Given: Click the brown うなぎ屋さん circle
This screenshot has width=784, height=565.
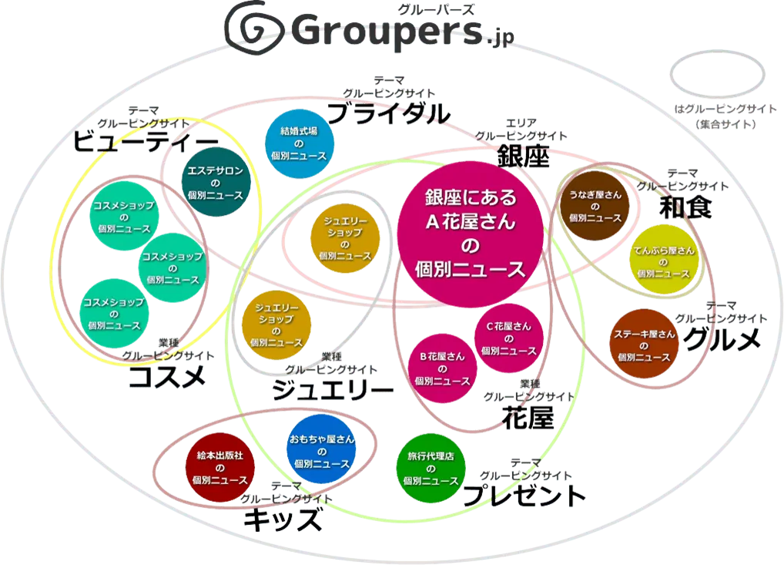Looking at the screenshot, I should [x=595, y=206].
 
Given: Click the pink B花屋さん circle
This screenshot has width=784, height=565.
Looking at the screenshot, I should [x=441, y=368].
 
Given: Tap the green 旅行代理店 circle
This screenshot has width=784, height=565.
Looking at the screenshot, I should [x=431, y=467].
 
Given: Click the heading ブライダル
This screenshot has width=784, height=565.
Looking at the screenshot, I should [x=389, y=114].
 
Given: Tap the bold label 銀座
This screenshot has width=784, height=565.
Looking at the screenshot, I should [x=523, y=156].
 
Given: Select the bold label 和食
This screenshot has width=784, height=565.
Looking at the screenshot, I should [x=685, y=207].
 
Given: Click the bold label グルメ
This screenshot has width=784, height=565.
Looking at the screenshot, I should [x=722, y=339].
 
